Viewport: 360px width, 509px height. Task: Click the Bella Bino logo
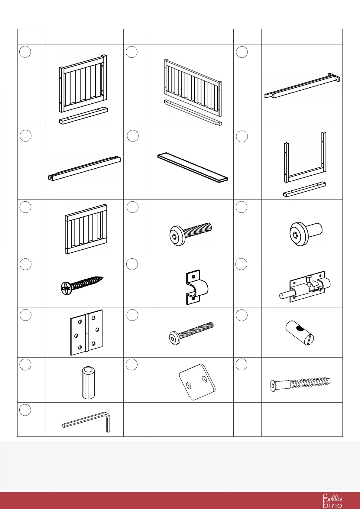coord(332,501)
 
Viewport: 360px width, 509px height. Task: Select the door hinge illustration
coord(86,332)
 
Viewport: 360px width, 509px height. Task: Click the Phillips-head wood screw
coord(82,284)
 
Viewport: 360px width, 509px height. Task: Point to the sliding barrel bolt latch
coord(305,287)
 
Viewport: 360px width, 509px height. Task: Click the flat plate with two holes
coord(197,382)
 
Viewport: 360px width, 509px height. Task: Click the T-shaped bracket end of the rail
coord(335,78)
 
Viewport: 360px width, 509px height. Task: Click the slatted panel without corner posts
coord(86,229)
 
